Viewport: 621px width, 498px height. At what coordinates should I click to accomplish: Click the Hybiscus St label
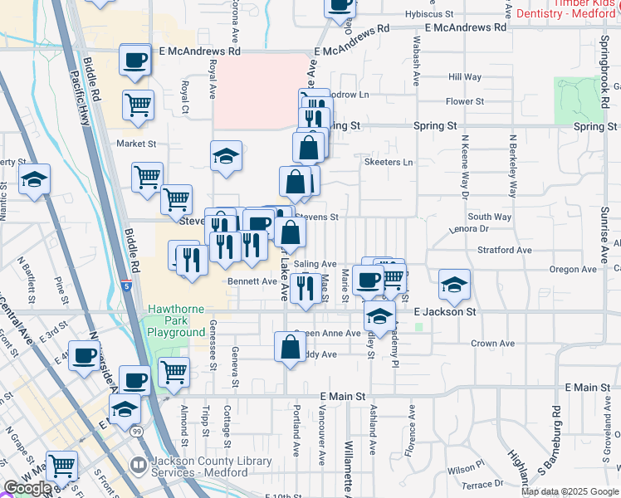tap(429, 15)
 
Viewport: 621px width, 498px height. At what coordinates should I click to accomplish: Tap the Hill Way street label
tap(465, 77)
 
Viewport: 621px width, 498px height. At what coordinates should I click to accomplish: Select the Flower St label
tap(465, 102)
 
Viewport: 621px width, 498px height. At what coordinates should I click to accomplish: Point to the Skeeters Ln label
tap(389, 163)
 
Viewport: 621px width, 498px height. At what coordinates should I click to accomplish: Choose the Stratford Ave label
tap(504, 250)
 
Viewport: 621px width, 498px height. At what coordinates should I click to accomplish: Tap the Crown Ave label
tap(494, 344)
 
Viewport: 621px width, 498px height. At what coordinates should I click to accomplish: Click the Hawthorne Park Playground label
tap(176, 320)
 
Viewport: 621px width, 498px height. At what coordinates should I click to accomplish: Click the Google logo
tap(27, 488)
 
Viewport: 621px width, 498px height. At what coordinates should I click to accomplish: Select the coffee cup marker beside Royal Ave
tap(135, 60)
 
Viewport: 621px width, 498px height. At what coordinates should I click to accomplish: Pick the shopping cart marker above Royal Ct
tap(139, 105)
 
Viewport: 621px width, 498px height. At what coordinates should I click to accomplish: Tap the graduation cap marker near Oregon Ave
tap(454, 285)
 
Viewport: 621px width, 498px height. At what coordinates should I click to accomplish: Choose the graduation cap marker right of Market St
tap(226, 158)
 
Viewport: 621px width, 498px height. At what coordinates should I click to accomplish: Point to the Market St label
tap(136, 144)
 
